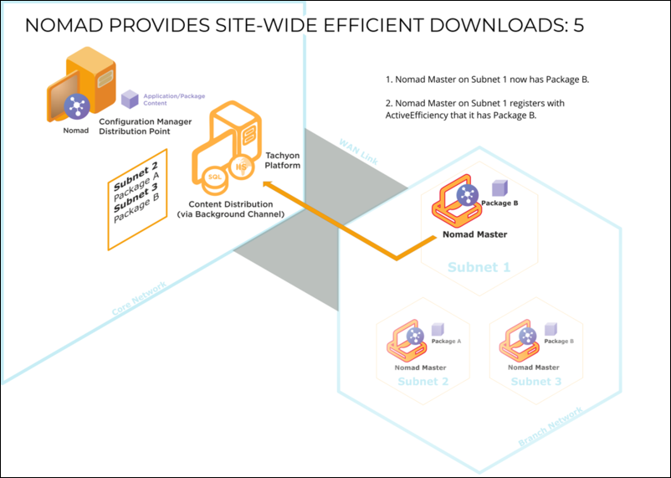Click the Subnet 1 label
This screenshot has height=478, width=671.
point(479,267)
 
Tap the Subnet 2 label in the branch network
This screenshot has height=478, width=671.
point(423,381)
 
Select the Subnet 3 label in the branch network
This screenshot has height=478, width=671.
point(535,381)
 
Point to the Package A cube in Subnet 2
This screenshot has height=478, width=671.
point(437,329)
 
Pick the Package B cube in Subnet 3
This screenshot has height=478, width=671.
point(550,329)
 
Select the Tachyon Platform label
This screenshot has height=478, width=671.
point(282,160)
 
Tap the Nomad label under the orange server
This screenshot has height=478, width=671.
point(76,131)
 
